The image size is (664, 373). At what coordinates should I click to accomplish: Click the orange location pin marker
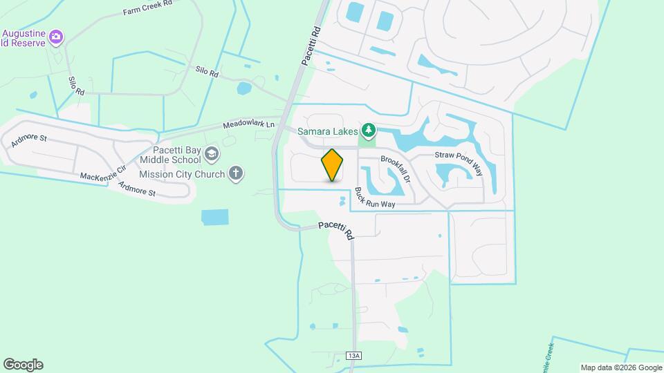(x=332, y=165)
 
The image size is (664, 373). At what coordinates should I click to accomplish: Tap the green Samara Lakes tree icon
(x=369, y=130)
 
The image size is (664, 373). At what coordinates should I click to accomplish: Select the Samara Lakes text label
(x=328, y=131)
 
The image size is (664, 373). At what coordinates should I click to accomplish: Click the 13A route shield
(x=354, y=356)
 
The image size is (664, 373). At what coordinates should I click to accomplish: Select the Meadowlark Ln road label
(x=248, y=125)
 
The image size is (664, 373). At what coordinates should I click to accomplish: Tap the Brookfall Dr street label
(x=396, y=167)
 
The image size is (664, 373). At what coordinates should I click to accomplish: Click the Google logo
(x=23, y=365)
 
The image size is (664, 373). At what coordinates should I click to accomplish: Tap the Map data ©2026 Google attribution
(x=621, y=367)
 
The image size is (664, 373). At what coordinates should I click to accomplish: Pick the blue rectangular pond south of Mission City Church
(x=218, y=217)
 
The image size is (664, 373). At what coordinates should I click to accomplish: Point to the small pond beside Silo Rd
(x=243, y=88)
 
